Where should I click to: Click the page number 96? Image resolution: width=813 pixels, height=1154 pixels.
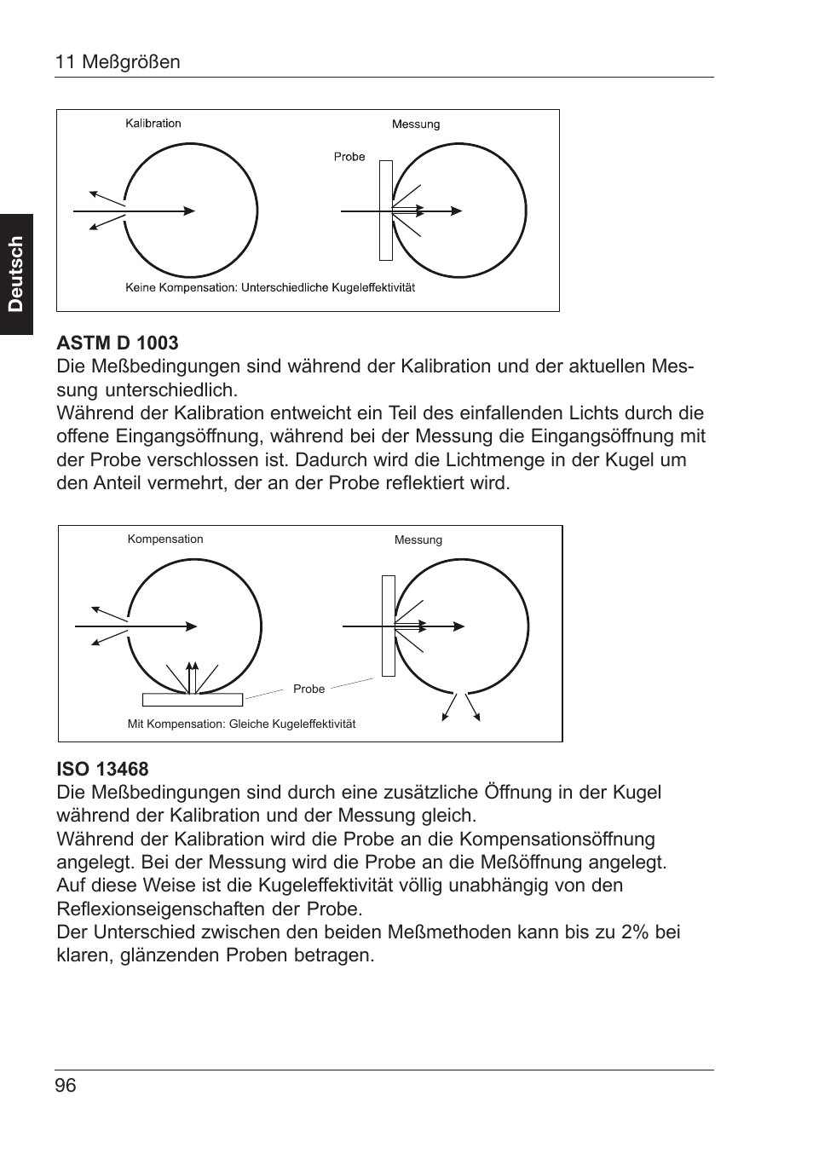66,1085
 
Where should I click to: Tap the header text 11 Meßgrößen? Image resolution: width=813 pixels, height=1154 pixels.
118,62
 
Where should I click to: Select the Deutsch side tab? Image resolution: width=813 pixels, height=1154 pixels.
16,274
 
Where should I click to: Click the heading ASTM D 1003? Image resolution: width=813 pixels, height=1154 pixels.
118,343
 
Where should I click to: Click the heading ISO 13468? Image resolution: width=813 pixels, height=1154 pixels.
102,769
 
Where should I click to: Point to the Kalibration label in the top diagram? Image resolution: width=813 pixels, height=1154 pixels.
153,124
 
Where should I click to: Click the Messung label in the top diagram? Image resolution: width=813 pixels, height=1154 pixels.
416,124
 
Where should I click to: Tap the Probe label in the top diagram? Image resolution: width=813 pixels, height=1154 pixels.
349,157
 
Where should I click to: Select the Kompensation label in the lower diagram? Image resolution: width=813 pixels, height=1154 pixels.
165,539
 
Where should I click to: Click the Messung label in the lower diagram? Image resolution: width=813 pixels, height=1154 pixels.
418,540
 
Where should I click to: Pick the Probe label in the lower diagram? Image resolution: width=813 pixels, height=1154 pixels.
308,690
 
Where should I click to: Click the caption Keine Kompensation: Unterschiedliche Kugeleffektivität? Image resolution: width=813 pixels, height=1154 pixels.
270,288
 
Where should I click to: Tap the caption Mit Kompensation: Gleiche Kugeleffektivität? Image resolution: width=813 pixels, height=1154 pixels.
241,724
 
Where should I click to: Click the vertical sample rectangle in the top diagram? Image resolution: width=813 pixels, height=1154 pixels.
386,211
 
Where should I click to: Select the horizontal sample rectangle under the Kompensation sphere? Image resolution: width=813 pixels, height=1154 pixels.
193,700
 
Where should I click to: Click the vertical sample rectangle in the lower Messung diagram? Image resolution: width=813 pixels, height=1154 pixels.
389,626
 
